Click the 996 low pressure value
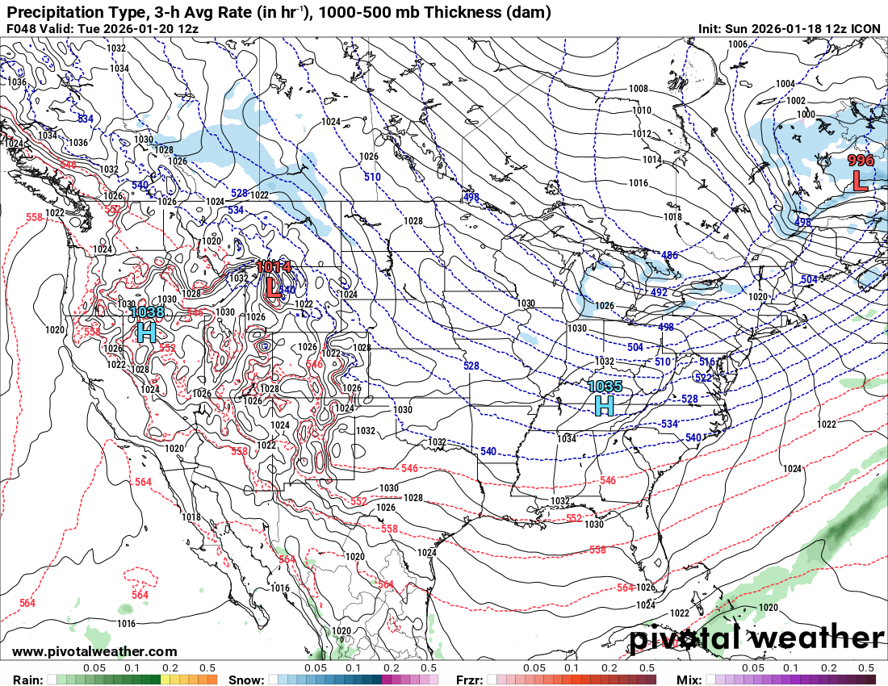[x=861, y=161]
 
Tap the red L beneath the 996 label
[x=861, y=181]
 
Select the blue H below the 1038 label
[x=146, y=332]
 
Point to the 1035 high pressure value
[x=605, y=387]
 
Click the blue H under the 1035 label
[x=605, y=406]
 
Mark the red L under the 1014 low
[x=274, y=287]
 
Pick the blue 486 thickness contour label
[x=670, y=255]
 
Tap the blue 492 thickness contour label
[x=659, y=292]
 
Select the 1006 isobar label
[x=737, y=44]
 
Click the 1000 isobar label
[x=806, y=115]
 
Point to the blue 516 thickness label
[x=707, y=362]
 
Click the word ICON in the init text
[x=866, y=29]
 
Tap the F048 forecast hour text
[x=22, y=29]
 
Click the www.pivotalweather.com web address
[x=94, y=651]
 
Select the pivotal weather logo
[x=756, y=638]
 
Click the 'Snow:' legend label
[x=246, y=680]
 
